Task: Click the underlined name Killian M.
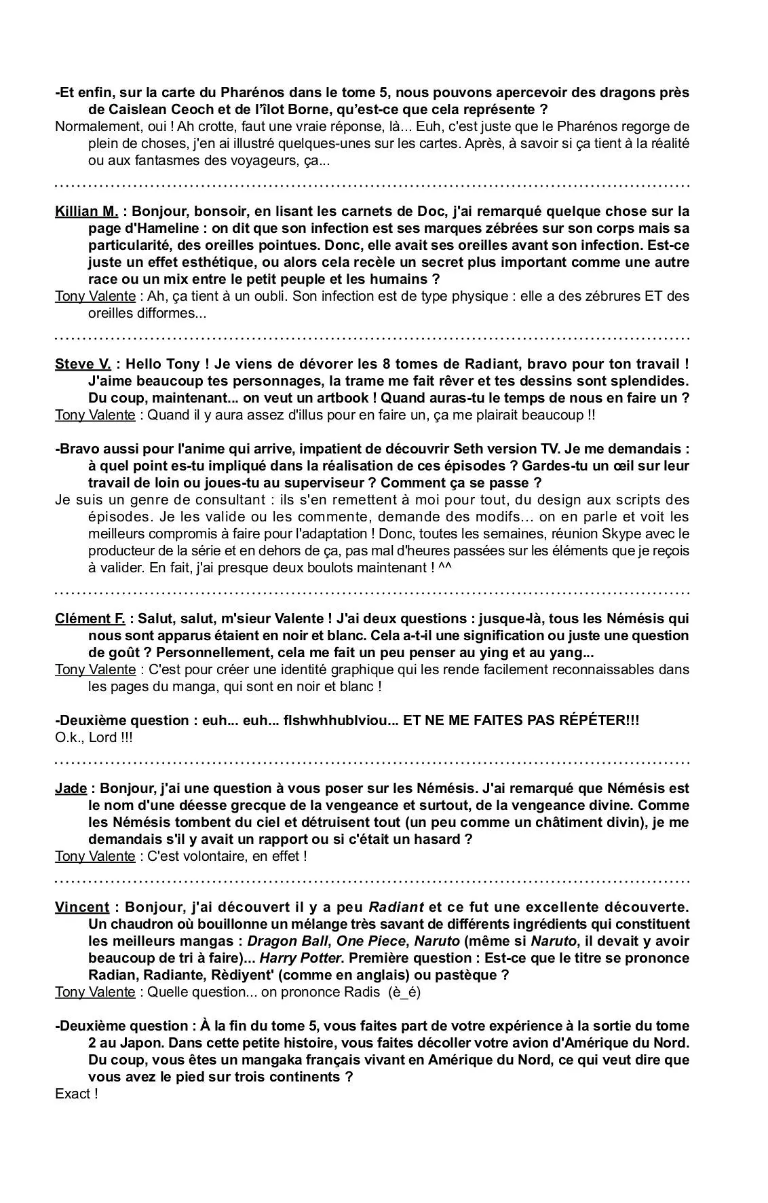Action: pos(86,211)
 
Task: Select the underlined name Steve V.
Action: pos(82,364)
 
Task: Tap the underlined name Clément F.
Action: pos(90,618)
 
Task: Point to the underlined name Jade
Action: pos(71,788)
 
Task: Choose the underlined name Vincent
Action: pos(81,907)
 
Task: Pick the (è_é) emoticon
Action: pos(404,992)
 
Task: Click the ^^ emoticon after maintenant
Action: pos(445,567)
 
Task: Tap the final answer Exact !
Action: pos(76,1094)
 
